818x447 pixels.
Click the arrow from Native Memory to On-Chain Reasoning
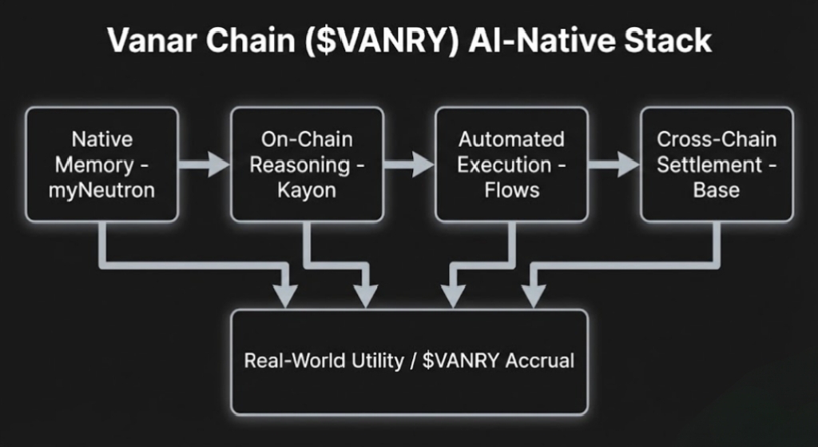coord(204,165)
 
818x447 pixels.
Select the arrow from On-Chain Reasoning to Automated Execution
coord(408,165)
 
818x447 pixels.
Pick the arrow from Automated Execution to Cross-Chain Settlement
coord(613,165)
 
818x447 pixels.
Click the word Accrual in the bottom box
coord(539,361)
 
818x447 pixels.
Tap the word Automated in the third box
coord(511,140)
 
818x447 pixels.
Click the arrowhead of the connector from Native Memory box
coord(286,295)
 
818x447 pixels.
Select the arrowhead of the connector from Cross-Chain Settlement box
coord(530,295)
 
